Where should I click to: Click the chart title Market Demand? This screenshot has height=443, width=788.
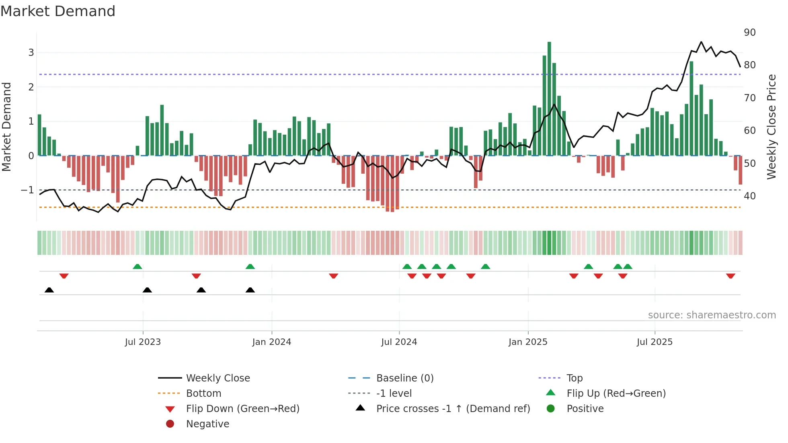58,11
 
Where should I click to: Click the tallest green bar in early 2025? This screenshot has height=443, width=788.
549,98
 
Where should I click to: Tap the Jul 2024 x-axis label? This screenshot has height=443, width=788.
399,342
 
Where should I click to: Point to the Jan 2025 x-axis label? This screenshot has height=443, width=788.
527,342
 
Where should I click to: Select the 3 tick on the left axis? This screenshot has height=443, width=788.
31,53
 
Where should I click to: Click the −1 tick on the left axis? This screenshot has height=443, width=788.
27,190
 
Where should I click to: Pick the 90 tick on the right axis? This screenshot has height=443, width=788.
749,33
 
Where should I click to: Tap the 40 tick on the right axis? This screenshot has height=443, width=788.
749,196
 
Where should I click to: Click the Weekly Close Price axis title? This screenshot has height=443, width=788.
771,127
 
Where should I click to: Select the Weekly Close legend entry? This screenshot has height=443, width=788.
218,378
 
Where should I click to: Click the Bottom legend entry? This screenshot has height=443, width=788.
203,394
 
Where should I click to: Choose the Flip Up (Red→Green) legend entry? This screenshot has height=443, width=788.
616,394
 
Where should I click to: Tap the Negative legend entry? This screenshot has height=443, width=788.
207,424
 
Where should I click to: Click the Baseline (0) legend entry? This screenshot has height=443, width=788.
404,378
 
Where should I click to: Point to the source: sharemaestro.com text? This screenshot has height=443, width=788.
712,315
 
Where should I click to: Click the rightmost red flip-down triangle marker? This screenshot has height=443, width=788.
731,276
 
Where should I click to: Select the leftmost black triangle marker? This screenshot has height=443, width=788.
49,290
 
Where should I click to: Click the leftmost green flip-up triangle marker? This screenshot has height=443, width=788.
137,267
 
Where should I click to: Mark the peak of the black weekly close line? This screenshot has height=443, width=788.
701,42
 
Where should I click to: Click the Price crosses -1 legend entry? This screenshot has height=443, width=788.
453,409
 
